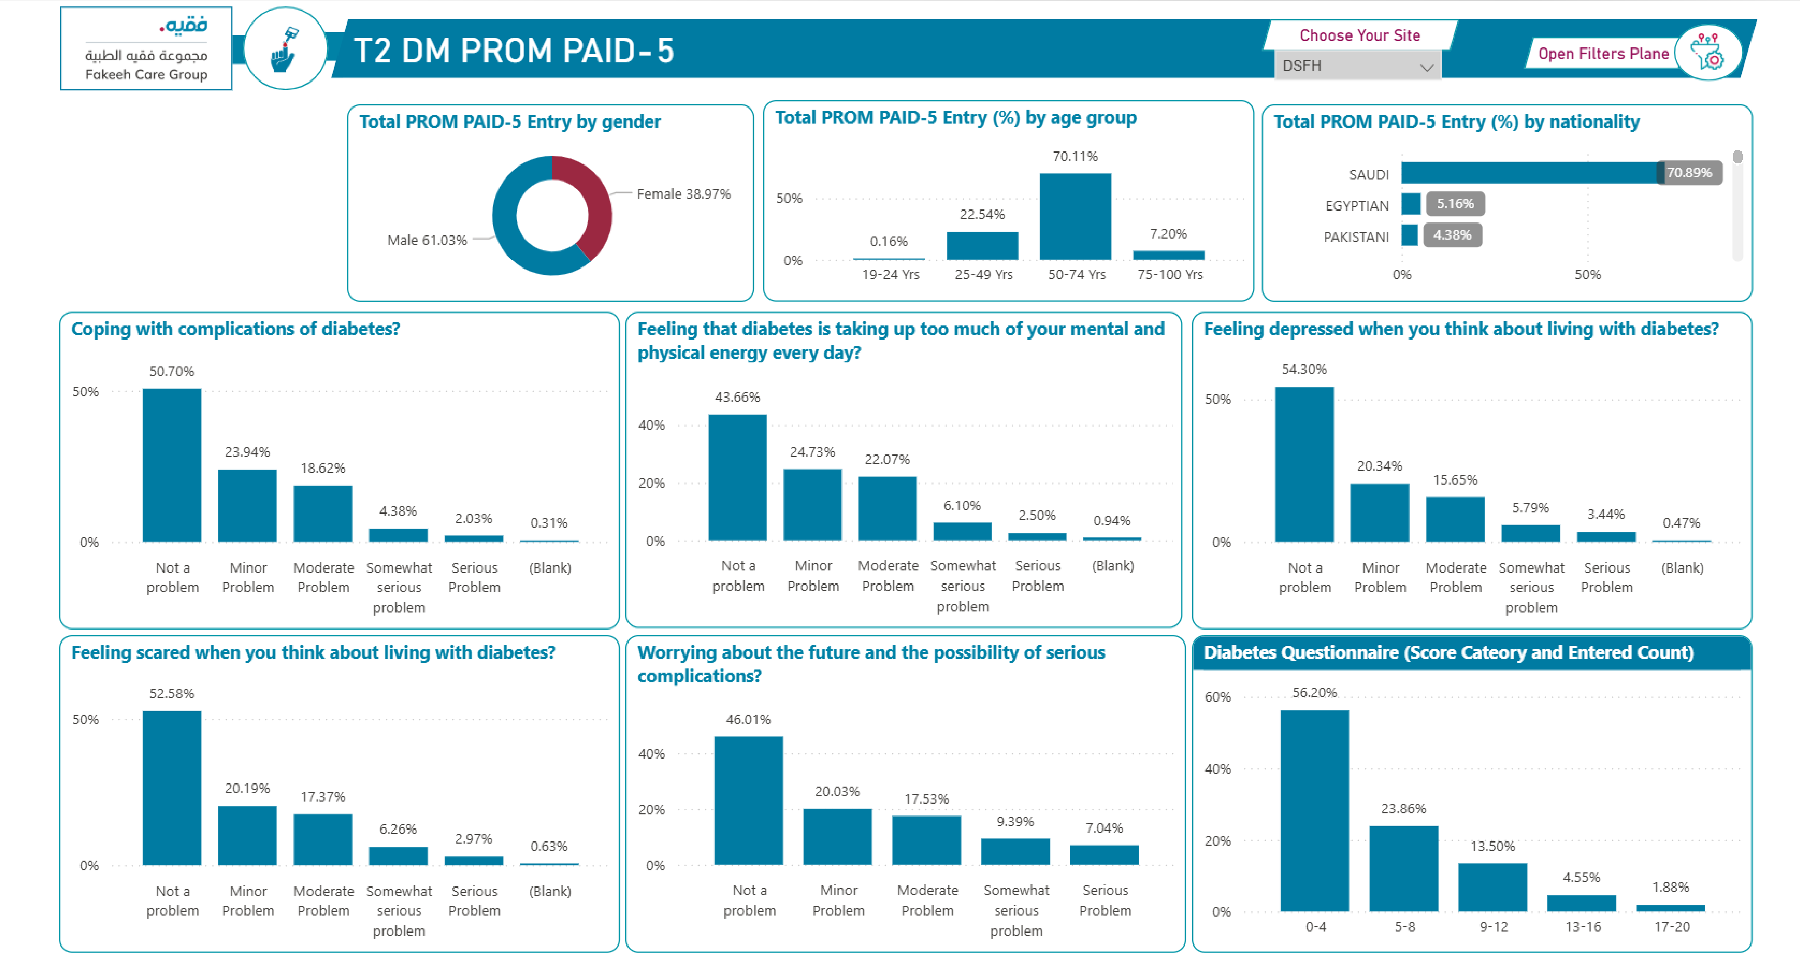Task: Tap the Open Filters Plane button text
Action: [1603, 54]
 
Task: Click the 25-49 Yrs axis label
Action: [983, 275]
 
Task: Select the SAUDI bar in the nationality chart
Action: [1530, 173]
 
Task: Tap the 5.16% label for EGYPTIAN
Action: [1455, 204]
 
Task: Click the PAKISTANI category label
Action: [1356, 237]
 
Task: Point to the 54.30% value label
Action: [1304, 369]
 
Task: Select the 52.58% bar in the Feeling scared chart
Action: [172, 788]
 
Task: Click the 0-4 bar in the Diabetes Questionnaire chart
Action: [1314, 810]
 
